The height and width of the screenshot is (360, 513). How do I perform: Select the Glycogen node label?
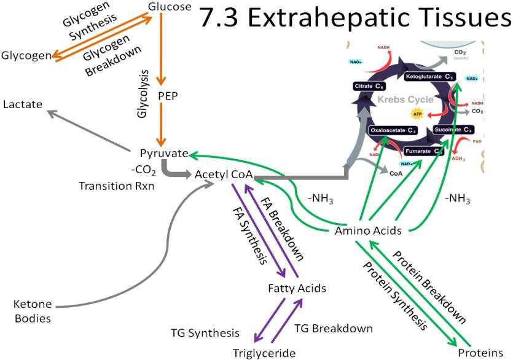(x=26, y=56)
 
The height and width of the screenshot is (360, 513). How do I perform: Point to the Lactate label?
(x=23, y=104)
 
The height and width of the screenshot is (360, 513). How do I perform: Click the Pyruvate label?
(x=163, y=153)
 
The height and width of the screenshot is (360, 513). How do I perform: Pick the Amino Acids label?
(x=368, y=231)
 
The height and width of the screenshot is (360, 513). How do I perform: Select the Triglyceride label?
(x=264, y=353)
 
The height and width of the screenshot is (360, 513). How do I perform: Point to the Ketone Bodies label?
(x=33, y=311)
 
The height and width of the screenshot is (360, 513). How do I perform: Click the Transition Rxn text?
(x=117, y=185)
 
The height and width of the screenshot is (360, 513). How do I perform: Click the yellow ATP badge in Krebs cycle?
(x=418, y=114)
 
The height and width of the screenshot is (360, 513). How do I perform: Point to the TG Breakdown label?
(x=334, y=328)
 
